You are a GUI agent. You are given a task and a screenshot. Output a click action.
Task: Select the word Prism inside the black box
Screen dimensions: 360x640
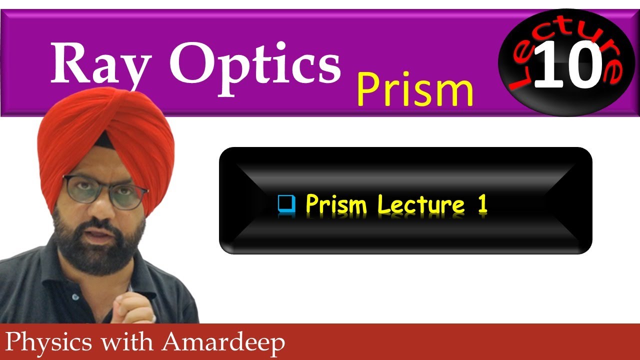336,204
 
